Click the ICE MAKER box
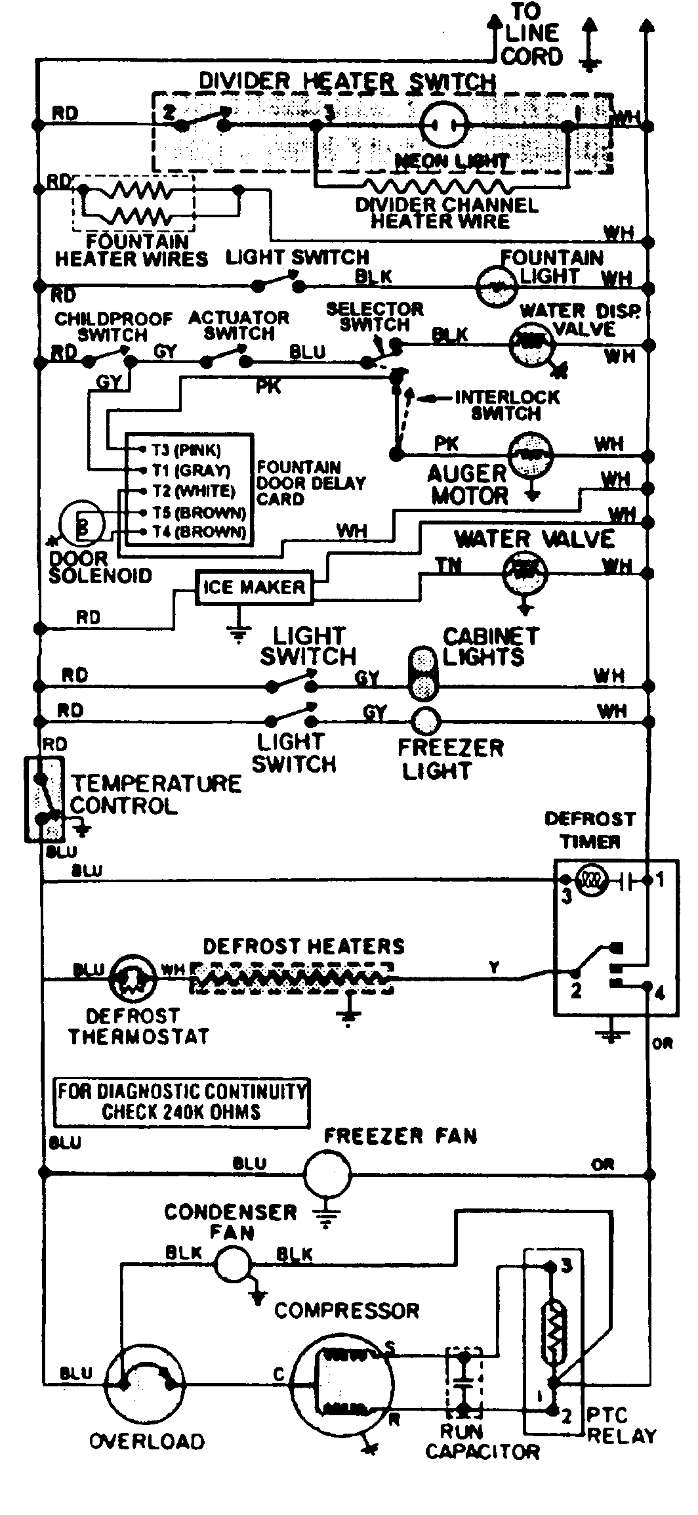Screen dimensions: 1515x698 tap(254, 587)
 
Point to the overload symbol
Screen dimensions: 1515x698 tap(144, 1384)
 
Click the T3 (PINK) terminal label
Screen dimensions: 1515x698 tap(186, 450)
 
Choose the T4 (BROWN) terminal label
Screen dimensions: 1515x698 tap(198, 532)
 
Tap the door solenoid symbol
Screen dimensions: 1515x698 tap(82, 523)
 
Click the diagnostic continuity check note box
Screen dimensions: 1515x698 tap(181, 1103)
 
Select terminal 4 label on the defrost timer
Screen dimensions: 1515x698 tap(660, 993)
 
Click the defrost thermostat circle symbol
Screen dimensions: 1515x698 tap(133, 977)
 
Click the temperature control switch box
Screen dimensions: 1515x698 tap(45, 798)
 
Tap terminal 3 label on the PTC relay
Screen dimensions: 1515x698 tap(567, 1265)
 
